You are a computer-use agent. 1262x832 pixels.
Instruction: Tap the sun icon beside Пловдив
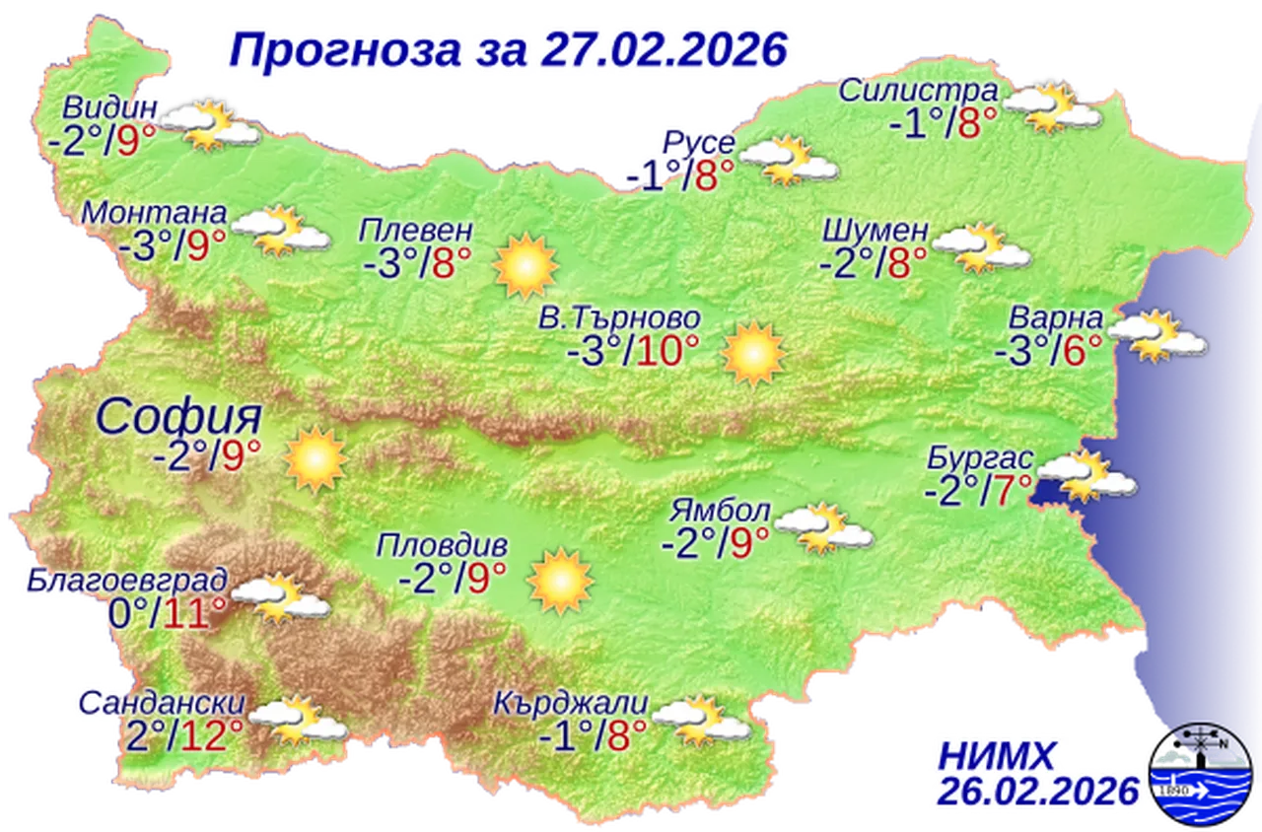(560, 581)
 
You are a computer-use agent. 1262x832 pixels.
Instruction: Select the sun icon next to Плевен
(526, 265)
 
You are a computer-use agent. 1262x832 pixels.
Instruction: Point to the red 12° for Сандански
(217, 734)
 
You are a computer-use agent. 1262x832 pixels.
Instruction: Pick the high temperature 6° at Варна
(1081, 351)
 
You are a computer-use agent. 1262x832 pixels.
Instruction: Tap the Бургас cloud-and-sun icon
(1086, 476)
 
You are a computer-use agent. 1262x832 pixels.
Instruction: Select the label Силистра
(918, 92)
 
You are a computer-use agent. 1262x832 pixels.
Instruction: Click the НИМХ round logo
(1202, 773)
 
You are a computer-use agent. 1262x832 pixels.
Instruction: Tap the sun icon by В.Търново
(752, 353)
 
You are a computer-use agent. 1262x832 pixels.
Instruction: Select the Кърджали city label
(573, 705)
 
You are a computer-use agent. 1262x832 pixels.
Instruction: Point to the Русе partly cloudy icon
(789, 160)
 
